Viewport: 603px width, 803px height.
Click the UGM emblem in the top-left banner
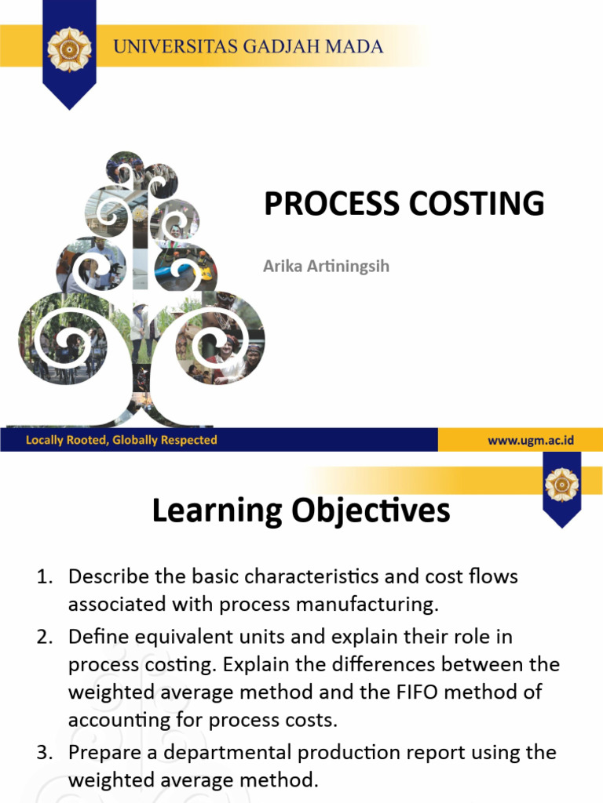[x=70, y=49]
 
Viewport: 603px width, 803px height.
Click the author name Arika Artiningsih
[x=326, y=267]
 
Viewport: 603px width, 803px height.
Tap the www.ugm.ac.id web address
[x=531, y=440]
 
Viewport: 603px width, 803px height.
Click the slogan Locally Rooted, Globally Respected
[x=121, y=440]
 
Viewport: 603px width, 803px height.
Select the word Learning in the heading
[x=217, y=511]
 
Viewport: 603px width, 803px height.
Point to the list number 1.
[x=43, y=577]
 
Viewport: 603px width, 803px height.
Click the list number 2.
[x=43, y=636]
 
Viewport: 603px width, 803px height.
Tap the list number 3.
[x=43, y=753]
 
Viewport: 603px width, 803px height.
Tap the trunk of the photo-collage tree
[x=143, y=392]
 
